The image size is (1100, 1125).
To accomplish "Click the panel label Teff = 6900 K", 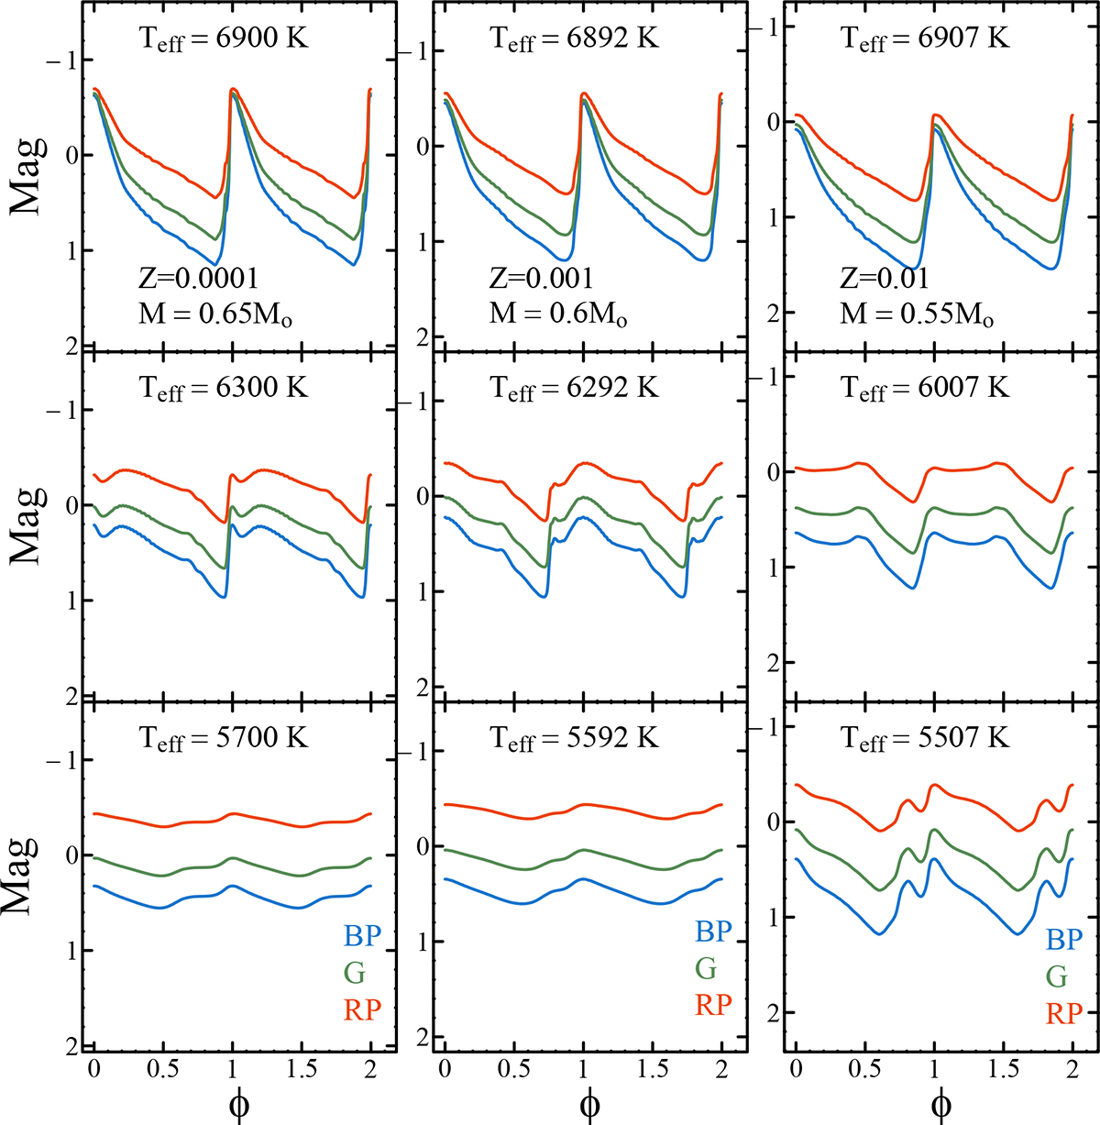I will click(x=224, y=39).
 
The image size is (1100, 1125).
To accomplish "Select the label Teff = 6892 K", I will click(x=575, y=39).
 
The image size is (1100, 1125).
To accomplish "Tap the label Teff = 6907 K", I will click(x=925, y=39).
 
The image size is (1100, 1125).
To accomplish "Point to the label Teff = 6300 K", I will click(x=224, y=389).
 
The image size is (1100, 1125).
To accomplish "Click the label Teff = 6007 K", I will click(x=925, y=389).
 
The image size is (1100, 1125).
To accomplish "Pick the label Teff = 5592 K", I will click(x=575, y=739).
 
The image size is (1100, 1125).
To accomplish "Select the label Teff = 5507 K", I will click(x=925, y=739).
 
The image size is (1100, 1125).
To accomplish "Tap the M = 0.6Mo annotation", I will click(x=558, y=314).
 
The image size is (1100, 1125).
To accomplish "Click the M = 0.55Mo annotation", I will click(x=917, y=314).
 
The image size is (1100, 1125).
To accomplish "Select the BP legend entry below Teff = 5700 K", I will click(x=362, y=936).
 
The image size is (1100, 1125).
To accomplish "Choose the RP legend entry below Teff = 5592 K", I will click(x=713, y=1005).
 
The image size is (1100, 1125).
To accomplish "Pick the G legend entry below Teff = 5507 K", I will click(x=1057, y=976).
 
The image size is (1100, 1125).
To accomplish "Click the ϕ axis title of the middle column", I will click(x=590, y=1105).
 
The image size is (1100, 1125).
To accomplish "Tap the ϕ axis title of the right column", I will click(x=940, y=1105).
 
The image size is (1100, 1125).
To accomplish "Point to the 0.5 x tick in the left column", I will click(x=162, y=1070).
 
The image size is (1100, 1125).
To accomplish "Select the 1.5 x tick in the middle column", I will click(x=652, y=1070).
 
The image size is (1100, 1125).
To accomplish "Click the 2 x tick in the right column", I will click(x=1072, y=1070).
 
